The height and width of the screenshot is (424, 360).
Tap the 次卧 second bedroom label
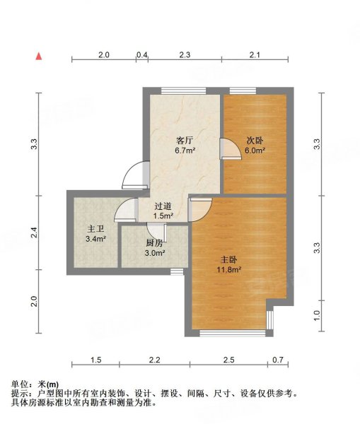pyautogui.click(x=255, y=140)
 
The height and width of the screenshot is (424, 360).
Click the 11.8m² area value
pyautogui.click(x=231, y=269)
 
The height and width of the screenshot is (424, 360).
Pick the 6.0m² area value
pyautogui.click(x=255, y=150)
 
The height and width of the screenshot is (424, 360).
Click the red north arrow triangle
pyautogui.click(x=40, y=54)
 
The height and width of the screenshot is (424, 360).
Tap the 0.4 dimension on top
pyautogui.click(x=142, y=54)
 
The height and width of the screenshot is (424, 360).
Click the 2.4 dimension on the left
pyautogui.click(x=33, y=230)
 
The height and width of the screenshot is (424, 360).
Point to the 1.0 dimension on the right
pyautogui.click(x=317, y=315)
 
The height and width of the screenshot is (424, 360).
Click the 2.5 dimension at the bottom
pyautogui.click(x=228, y=361)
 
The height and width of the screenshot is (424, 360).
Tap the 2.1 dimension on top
pyautogui.click(x=255, y=54)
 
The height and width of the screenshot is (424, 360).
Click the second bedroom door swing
pyautogui.click(x=229, y=150)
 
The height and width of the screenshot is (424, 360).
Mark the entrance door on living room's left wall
pyautogui.click(x=134, y=175)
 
